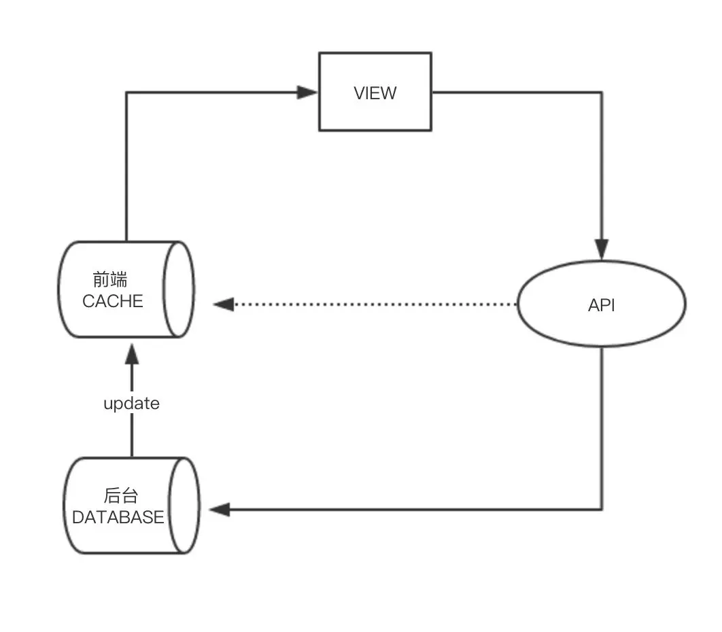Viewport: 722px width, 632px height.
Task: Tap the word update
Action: coord(131,404)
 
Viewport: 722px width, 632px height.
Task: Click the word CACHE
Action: coord(113,301)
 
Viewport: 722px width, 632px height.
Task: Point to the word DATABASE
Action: coord(118,517)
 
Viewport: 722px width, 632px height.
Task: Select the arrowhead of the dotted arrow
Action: coord(223,304)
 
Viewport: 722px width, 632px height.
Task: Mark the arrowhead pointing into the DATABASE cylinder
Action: coord(219,509)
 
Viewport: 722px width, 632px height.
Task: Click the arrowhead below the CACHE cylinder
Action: coord(132,353)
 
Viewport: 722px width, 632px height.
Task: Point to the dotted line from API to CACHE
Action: coord(374,304)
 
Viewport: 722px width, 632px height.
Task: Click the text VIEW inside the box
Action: coord(375,93)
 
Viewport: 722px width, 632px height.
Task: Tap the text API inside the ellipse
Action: coord(602,305)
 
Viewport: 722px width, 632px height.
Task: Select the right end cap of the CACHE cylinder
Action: coord(179,289)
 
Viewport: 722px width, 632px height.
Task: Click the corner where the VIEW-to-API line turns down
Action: coord(602,92)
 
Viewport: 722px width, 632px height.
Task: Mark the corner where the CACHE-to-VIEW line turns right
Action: coord(126,92)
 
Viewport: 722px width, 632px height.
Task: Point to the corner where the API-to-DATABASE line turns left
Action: coord(602,509)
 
